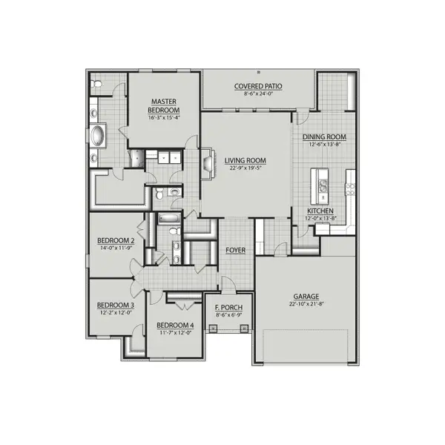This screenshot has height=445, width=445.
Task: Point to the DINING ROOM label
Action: coord(324,136)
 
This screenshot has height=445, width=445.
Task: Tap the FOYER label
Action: coord(236,250)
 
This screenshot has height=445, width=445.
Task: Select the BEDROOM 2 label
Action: coord(116,240)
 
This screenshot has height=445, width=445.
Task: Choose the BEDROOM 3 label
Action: coord(116,305)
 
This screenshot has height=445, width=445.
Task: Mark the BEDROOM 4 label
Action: coord(175,325)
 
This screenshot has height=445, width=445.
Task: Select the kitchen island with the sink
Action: coord(321,185)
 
